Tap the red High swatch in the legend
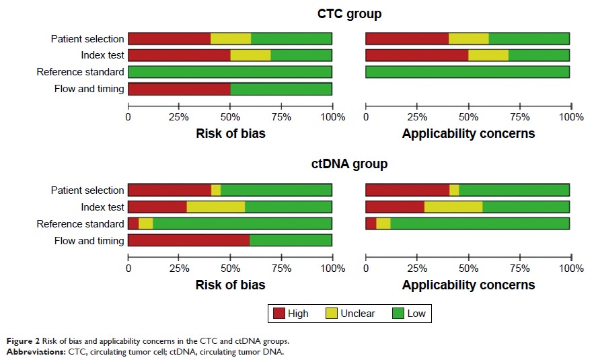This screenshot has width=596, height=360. (x=278, y=313)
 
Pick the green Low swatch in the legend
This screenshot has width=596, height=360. (x=397, y=313)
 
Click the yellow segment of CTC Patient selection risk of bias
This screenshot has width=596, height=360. (x=231, y=38)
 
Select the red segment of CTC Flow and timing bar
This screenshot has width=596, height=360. (x=179, y=89)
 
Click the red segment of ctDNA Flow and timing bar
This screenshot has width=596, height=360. (x=188, y=240)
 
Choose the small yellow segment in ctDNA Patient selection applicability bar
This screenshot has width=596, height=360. (x=454, y=190)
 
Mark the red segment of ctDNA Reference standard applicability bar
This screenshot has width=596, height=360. (x=371, y=223)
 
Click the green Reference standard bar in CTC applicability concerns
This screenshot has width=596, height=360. (x=468, y=72)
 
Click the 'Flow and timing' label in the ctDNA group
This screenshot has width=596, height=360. (x=89, y=240)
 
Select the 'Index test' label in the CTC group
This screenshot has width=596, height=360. (x=102, y=55)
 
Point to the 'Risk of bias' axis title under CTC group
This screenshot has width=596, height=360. (x=230, y=133)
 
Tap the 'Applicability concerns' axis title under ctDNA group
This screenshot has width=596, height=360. (x=468, y=285)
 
